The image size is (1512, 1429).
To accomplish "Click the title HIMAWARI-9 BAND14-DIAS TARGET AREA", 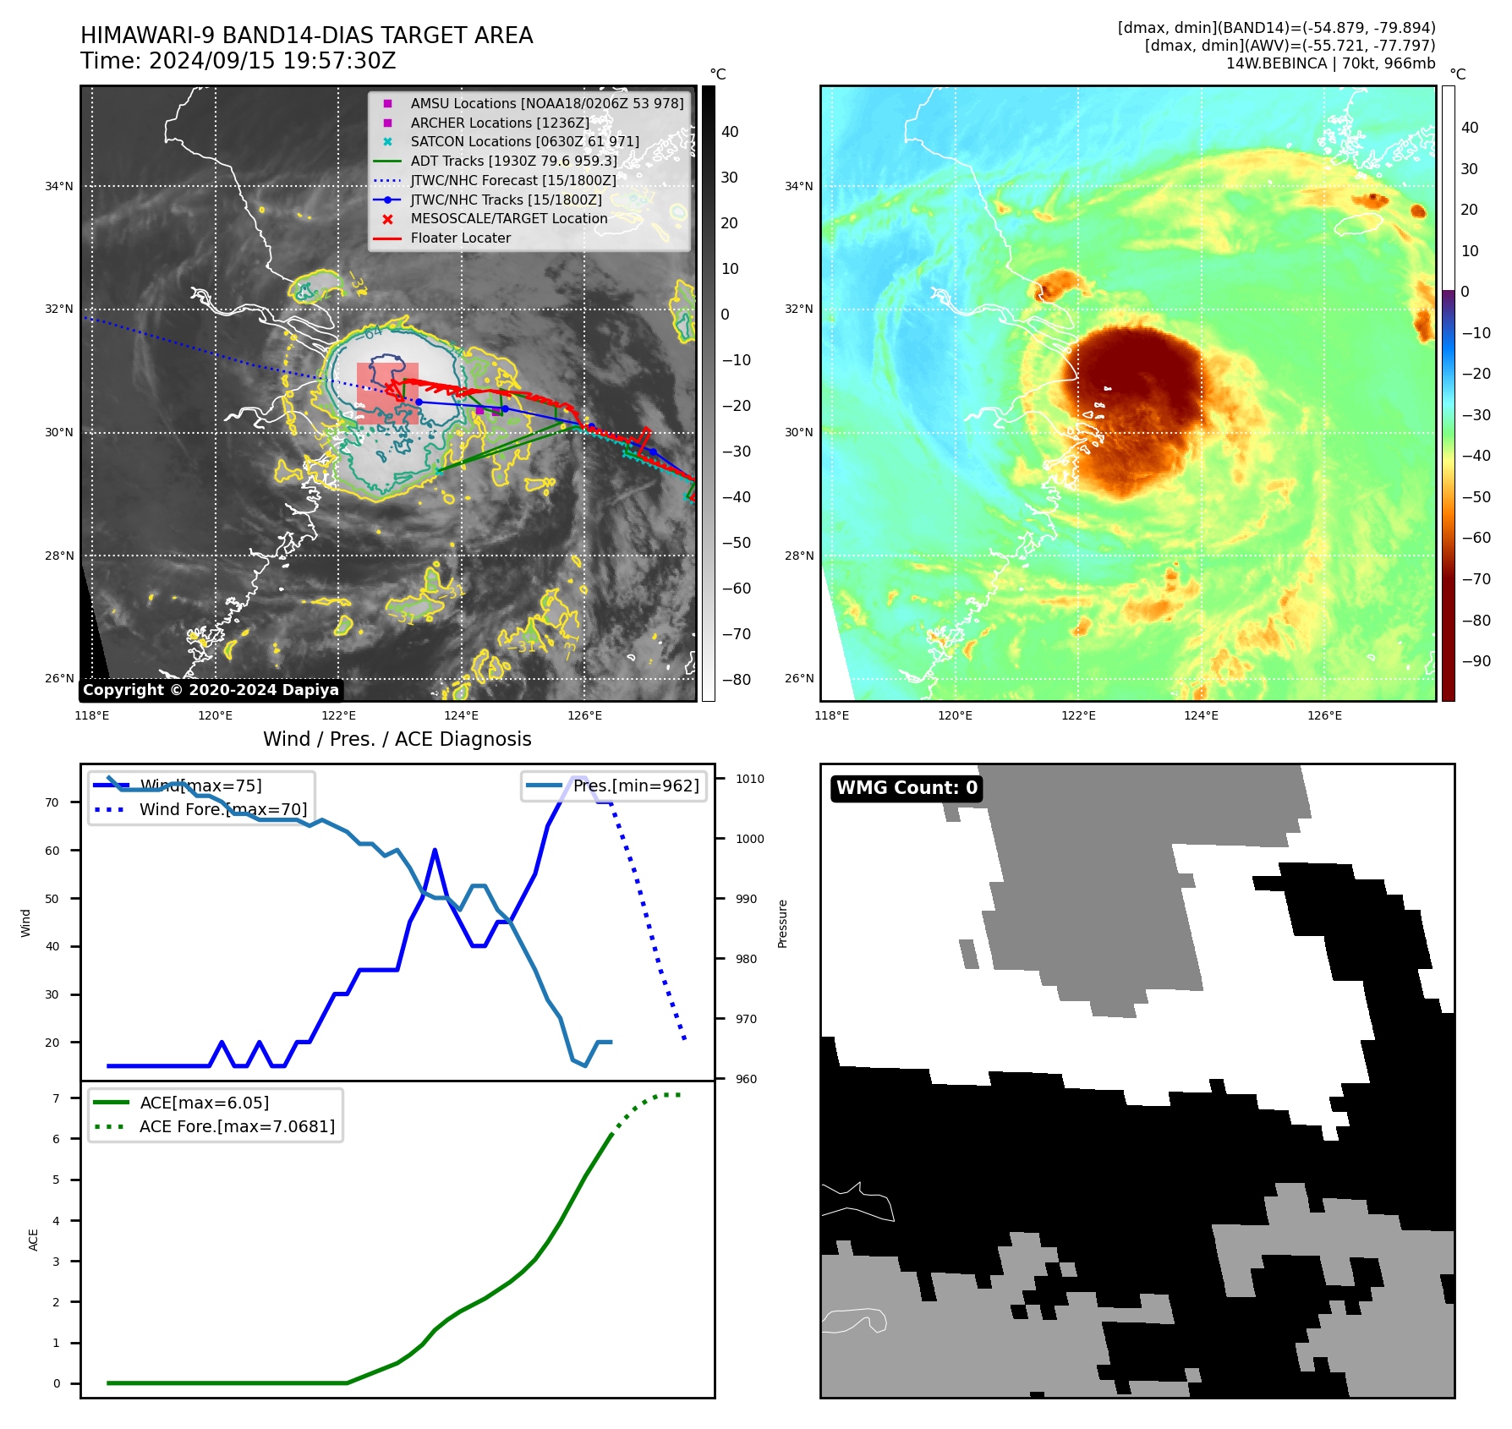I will click(x=306, y=36).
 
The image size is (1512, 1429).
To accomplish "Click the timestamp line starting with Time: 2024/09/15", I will click(x=238, y=62).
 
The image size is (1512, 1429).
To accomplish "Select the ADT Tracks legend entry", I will click(x=513, y=161).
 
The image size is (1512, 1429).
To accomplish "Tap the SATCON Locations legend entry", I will click(x=524, y=142).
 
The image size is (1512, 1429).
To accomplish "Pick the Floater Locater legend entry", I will click(x=460, y=238).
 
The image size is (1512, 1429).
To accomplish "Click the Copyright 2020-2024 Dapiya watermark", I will click(x=211, y=690).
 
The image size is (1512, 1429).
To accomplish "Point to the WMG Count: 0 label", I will click(x=907, y=788).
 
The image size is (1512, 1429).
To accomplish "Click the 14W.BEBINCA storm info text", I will click(x=1330, y=63).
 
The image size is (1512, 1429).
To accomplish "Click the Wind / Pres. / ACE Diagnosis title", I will click(x=397, y=739).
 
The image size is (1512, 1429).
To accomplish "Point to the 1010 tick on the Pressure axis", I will click(x=749, y=779).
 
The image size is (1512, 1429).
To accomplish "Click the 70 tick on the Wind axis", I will click(x=52, y=802).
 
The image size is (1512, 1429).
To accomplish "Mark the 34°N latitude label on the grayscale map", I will click(x=59, y=186).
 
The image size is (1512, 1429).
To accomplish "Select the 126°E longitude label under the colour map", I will click(x=1324, y=715).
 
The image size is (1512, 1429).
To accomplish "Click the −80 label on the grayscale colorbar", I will click(x=736, y=680).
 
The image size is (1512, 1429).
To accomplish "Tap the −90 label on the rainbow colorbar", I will click(x=1476, y=661).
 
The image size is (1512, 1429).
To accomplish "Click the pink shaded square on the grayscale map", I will click(x=387, y=393).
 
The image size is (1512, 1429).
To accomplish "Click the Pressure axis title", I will click(x=782, y=923).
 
